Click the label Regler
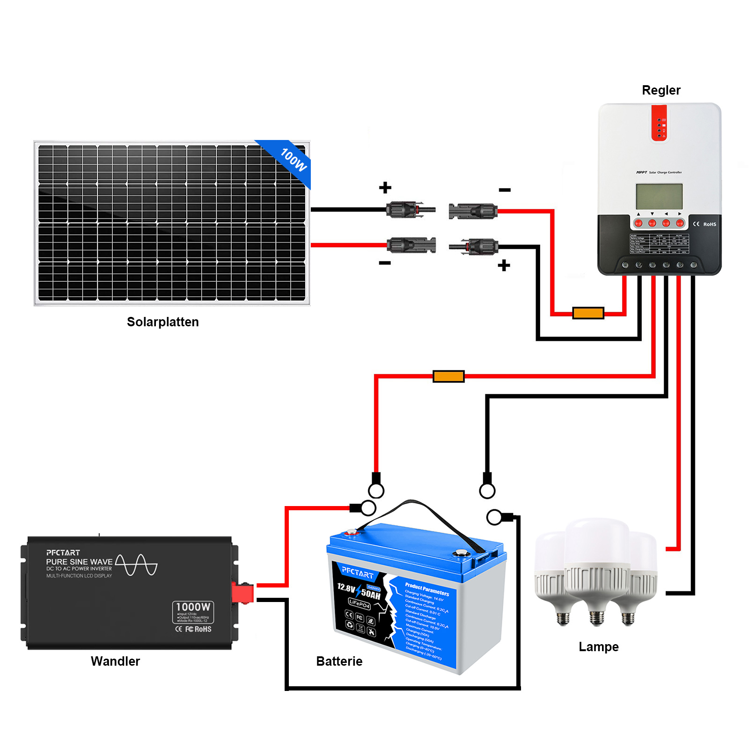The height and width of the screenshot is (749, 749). (661, 90)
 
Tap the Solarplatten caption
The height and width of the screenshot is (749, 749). (162, 322)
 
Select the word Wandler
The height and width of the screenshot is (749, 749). (115, 661)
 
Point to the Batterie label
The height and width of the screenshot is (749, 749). (339, 661)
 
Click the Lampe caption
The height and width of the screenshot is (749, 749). (598, 646)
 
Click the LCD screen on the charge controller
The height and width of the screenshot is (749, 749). (659, 197)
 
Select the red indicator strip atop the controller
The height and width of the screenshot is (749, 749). (659, 123)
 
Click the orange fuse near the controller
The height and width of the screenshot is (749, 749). (588, 313)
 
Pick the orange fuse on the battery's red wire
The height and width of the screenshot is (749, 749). (448, 376)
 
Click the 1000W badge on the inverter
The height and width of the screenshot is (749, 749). (193, 607)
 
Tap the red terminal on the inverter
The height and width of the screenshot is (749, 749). (242, 593)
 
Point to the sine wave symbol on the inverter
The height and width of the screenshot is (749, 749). (136, 565)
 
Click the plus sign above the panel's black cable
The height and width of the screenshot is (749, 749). (385, 188)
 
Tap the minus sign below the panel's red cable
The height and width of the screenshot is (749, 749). (385, 263)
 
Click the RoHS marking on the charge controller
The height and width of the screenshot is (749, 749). (709, 224)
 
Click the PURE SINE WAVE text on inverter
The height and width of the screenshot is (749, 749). (79, 561)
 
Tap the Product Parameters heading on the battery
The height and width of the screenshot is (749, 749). (426, 589)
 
